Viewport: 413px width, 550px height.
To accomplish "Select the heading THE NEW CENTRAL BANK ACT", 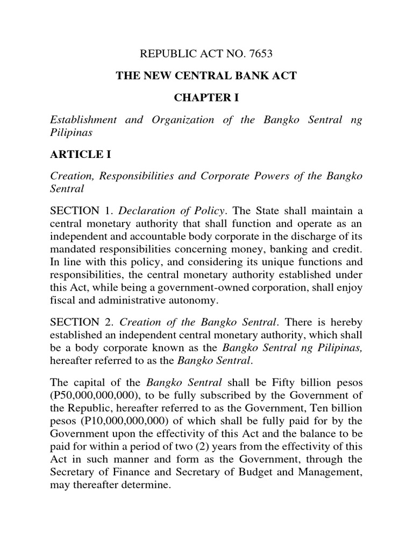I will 206,76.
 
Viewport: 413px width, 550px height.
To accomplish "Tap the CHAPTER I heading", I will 206,98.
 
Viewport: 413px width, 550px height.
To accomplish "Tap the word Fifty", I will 262,383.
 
